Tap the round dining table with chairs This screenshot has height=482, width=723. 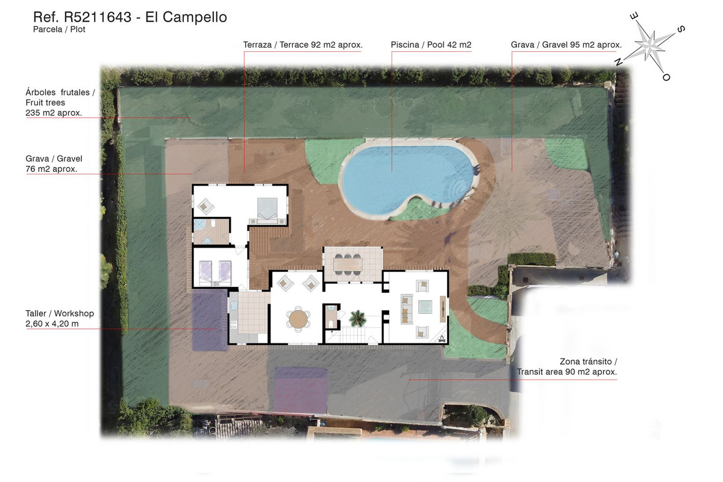pyautogui.click(x=298, y=319)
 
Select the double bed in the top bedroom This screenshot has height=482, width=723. pyautogui.click(x=267, y=210)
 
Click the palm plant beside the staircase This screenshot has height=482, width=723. pyautogui.click(x=358, y=318)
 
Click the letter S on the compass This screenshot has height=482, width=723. pyautogui.click(x=681, y=30)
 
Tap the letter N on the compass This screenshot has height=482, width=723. pyautogui.click(x=618, y=61)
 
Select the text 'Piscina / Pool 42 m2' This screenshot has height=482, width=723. pyautogui.click(x=431, y=45)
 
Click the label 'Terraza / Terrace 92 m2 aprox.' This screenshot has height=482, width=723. pyautogui.click(x=302, y=45)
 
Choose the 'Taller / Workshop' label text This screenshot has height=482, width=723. pyautogui.click(x=60, y=313)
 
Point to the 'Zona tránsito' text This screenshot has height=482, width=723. pyautogui.click(x=589, y=361)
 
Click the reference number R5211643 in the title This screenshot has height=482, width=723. pyautogui.click(x=98, y=17)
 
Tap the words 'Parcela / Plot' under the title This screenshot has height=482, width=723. pyautogui.click(x=59, y=30)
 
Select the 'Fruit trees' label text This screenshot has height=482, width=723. pyautogui.click(x=45, y=102)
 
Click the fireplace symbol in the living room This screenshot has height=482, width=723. pyautogui.click(x=442, y=339)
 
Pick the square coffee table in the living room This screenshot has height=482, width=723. pyautogui.click(x=425, y=307)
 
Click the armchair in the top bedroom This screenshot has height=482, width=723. pyautogui.click(x=205, y=206)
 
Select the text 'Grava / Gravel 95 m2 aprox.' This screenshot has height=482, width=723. pyautogui.click(x=566, y=45)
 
